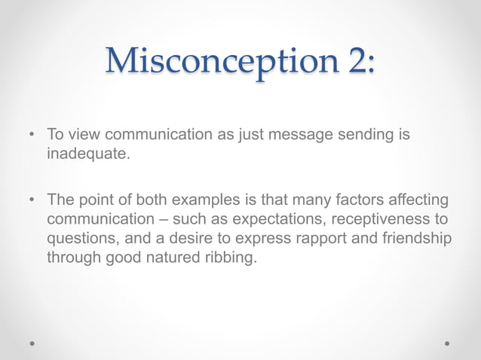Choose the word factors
click(x=333, y=202)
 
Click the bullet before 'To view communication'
click(x=31, y=136)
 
